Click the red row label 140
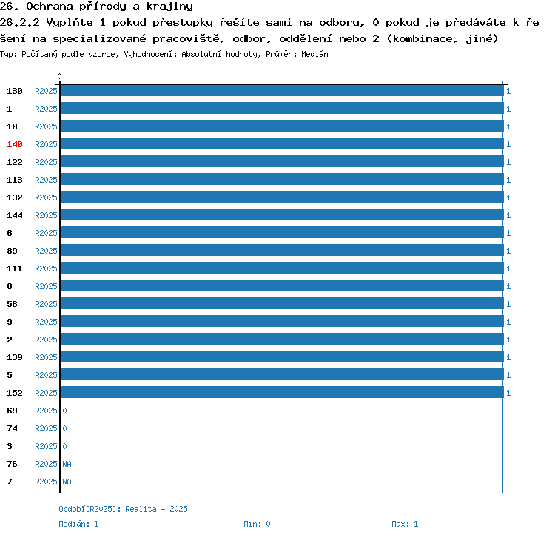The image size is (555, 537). pos(15,144)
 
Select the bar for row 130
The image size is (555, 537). pos(282,90)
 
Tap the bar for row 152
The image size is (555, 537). pos(282,392)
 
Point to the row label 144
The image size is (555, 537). pos(15,215)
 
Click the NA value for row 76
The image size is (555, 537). pos(67,464)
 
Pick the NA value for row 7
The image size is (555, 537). pos(67,482)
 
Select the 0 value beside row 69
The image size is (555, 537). pos(65,411)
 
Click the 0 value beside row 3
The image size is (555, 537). pos(65,446)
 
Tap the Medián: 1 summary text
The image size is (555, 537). pos(78,524)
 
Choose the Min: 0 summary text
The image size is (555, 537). pos(257,524)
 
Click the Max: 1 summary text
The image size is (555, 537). pos(405,524)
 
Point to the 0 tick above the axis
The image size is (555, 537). pos(59,76)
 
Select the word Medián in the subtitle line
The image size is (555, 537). pos(314,54)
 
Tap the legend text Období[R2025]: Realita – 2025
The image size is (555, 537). pos(123,509)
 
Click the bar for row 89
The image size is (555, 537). pos(282,250)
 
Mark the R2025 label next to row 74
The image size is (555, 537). pos(46,428)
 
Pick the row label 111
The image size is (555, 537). pos(15,268)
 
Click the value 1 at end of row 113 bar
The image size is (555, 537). pos(508,180)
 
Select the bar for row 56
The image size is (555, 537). pos(282,303)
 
